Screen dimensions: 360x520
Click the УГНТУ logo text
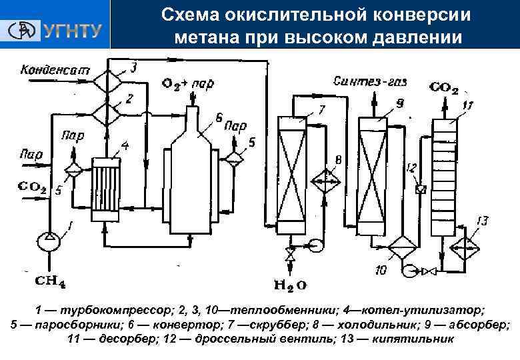[73, 30]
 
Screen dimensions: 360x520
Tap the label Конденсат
[47, 69]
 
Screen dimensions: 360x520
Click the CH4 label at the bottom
[50, 283]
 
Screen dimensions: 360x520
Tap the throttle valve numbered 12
[420, 189]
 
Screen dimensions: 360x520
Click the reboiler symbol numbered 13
[466, 250]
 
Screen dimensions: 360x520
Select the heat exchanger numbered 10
[401, 250]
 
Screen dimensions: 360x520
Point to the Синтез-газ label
[371, 83]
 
